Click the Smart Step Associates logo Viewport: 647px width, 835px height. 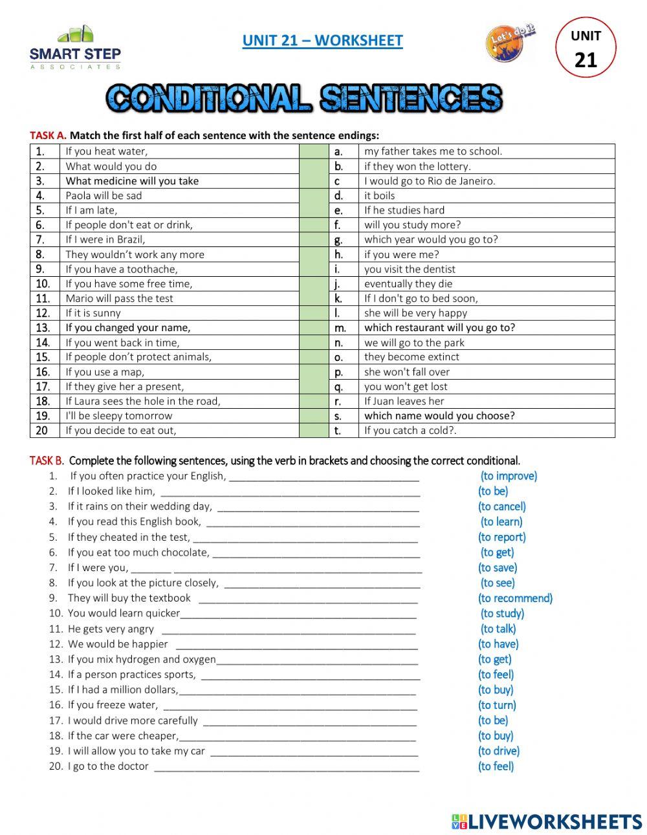pos(75,48)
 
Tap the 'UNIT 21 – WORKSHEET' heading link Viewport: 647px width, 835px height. pos(322,41)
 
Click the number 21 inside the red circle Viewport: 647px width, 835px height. pos(586,60)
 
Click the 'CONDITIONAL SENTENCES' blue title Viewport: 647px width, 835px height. pos(304,98)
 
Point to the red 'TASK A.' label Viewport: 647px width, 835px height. pos(48,136)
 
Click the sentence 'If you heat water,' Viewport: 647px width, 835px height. pos(106,151)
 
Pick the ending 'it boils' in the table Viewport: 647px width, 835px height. pos(379,195)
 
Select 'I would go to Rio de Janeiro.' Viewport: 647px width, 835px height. pos(430,181)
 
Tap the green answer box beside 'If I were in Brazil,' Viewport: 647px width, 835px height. pos(314,239)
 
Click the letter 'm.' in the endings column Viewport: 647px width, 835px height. pos(338,328)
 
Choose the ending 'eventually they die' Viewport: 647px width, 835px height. pos(408,284)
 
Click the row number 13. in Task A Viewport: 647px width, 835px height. pos(43,328)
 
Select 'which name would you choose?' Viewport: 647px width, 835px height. pos(439,416)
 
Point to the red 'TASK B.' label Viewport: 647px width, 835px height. pos(47,461)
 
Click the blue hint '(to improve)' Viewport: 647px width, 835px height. pos(509,476)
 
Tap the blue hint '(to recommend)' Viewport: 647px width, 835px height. pos(515,598)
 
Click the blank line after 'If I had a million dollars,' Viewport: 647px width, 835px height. pos(297,690)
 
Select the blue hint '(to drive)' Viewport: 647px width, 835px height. pos(499,751)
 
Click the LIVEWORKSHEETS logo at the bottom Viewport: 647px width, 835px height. pos(547,821)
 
